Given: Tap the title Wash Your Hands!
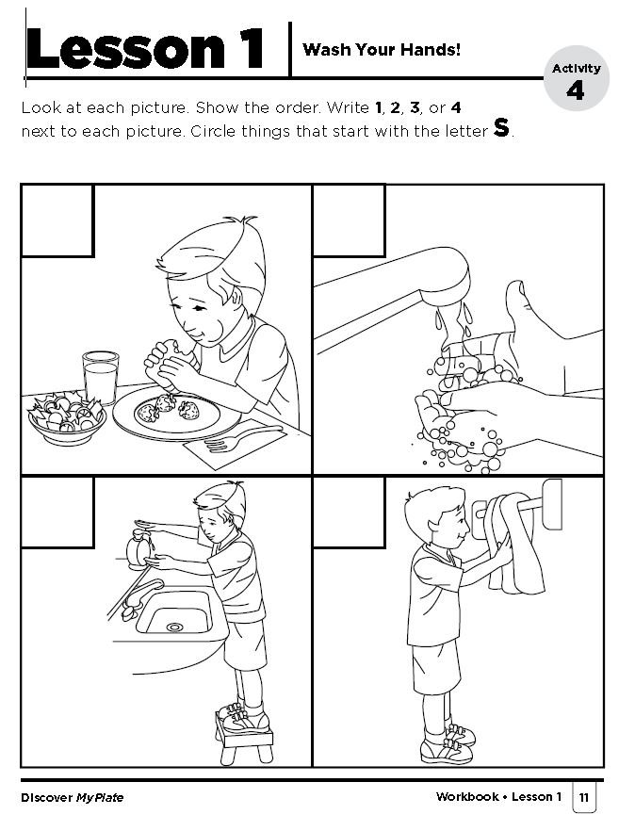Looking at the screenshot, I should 382,49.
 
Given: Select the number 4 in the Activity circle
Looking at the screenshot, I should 575,91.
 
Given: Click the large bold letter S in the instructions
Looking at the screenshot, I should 501,129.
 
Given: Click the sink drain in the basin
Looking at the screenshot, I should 173,626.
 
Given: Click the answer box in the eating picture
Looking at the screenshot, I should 57,220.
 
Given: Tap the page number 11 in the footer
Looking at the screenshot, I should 584,797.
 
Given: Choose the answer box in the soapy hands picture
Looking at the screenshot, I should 349,220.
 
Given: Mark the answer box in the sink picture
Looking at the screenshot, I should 57,508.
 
